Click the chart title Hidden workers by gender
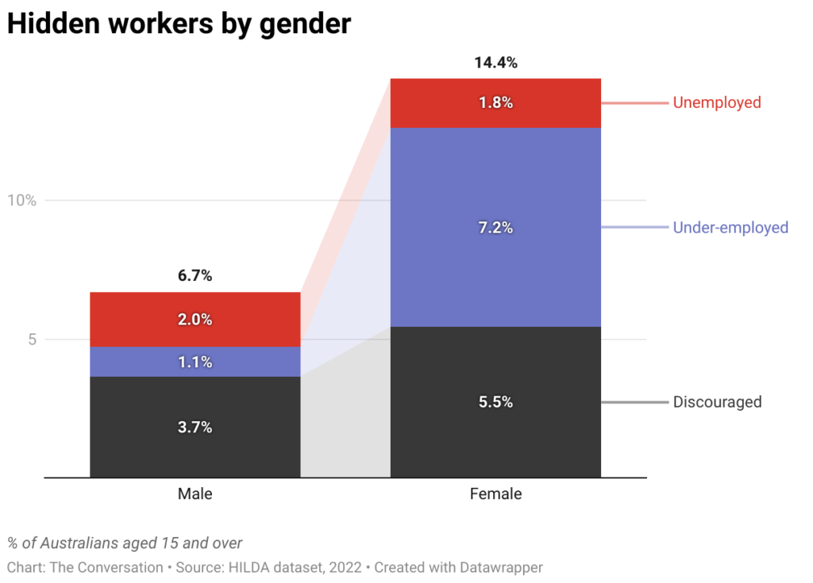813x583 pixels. pyautogui.click(x=179, y=24)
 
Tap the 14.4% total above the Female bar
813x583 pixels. pyautogui.click(x=495, y=63)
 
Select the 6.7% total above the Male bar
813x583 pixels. pyautogui.click(x=195, y=276)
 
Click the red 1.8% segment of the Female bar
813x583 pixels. pyautogui.click(x=495, y=103)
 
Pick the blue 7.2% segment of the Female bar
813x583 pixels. pyautogui.click(x=495, y=228)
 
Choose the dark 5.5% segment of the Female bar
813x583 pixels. pyautogui.click(x=495, y=402)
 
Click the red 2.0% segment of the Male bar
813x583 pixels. pyautogui.click(x=195, y=320)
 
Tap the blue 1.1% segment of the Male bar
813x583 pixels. pyautogui.click(x=195, y=362)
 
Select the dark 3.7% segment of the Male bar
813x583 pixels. pyautogui.click(x=195, y=427)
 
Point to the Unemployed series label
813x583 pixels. pyautogui.click(x=716, y=102)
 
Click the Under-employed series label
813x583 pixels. pyautogui.click(x=730, y=228)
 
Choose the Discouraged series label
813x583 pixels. pyautogui.click(x=717, y=402)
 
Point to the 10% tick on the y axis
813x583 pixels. pyautogui.click(x=22, y=200)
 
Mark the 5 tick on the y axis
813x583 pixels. pyautogui.click(x=33, y=339)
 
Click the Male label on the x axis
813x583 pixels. pyautogui.click(x=195, y=494)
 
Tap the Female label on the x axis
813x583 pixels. pyautogui.click(x=495, y=494)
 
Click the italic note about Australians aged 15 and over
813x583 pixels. pyautogui.click(x=125, y=543)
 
